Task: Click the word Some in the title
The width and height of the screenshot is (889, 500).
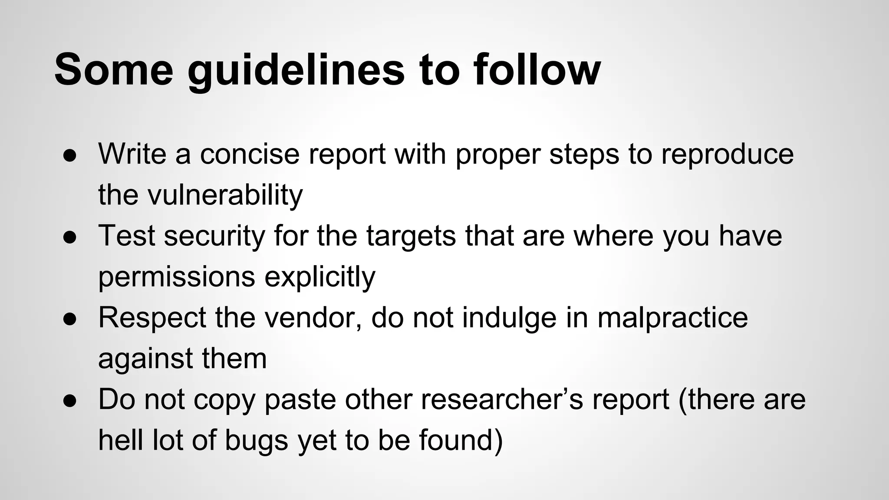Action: [114, 69]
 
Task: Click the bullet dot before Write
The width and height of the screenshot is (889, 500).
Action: [70, 155]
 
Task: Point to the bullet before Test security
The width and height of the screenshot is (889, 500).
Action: [70, 237]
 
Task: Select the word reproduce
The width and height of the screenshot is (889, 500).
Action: [727, 155]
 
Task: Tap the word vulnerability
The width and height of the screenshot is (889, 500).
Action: [225, 195]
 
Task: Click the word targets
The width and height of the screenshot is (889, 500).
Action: [411, 236]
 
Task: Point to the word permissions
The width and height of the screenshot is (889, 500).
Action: [177, 277]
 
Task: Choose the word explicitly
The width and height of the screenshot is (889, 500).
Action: [320, 277]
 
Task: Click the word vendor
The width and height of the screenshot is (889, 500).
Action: [313, 318]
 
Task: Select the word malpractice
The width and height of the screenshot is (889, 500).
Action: [673, 318]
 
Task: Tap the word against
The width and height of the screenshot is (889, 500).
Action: [145, 359]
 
